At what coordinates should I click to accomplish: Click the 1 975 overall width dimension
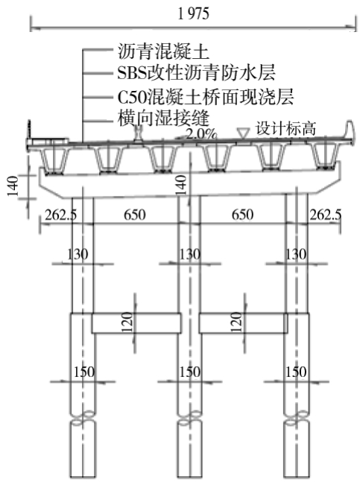click(x=194, y=14)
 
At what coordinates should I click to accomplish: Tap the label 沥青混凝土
click(x=163, y=51)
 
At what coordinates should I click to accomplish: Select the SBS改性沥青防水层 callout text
click(x=196, y=73)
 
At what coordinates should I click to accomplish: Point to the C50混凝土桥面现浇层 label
click(x=206, y=97)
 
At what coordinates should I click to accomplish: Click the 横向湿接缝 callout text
click(x=163, y=118)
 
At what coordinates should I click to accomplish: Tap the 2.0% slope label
click(x=202, y=134)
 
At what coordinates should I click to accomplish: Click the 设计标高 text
click(x=286, y=128)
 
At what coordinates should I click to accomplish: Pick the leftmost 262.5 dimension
click(x=61, y=215)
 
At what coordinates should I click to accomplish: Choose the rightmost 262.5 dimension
click(x=325, y=215)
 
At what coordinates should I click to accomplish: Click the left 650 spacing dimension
click(x=135, y=215)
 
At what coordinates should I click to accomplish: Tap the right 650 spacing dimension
click(x=242, y=215)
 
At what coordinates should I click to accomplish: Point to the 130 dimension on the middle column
click(x=189, y=254)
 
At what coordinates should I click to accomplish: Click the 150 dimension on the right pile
click(x=296, y=372)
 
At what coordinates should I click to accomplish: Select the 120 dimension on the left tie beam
click(x=127, y=322)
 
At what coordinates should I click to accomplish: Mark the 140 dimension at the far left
click(x=12, y=186)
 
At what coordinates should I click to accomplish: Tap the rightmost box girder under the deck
click(x=325, y=157)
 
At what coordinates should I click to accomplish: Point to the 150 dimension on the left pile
click(x=83, y=372)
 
